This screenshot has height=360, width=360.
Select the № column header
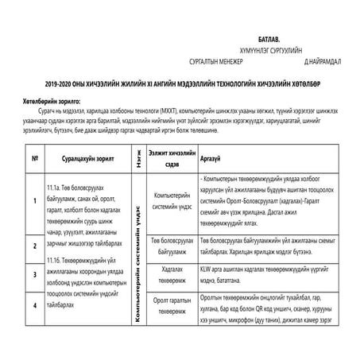(35, 157)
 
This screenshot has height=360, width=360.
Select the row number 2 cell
(35, 246)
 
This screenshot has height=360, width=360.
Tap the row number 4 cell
(35, 304)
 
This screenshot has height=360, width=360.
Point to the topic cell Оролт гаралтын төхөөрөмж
(170, 306)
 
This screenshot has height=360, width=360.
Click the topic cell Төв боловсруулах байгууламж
(170, 244)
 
